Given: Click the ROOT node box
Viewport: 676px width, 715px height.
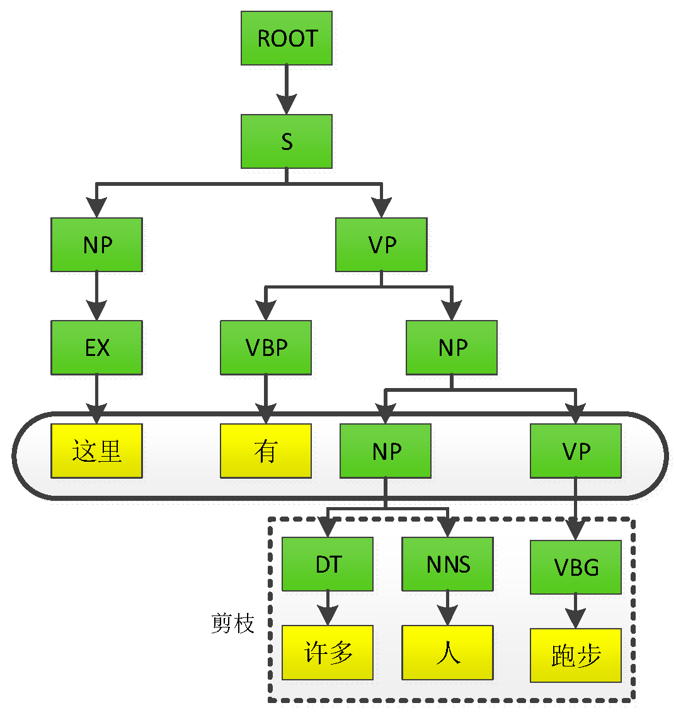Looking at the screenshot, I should tap(287, 38).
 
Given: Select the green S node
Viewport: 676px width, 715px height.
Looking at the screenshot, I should tap(287, 141).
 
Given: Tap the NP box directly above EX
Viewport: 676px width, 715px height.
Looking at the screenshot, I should tap(96, 244).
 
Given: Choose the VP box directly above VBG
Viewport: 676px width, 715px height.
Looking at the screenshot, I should tap(576, 450).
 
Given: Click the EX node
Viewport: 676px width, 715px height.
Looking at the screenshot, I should tap(96, 347).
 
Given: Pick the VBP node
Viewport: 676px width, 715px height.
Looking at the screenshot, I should tap(266, 347).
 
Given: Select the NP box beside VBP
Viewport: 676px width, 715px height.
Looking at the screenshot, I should tap(452, 347).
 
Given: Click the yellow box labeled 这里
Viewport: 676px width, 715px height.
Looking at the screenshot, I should tap(96, 450).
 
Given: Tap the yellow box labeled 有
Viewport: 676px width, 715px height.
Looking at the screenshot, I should tap(266, 450).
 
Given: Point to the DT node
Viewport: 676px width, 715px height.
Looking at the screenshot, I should tap(328, 564).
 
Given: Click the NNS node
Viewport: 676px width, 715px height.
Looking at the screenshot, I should tap(448, 564).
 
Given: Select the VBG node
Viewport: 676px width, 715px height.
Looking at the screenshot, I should tap(576, 567).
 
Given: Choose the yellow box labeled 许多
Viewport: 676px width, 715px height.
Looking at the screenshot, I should tap(328, 653).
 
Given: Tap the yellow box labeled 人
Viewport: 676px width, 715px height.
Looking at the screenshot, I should tap(448, 653).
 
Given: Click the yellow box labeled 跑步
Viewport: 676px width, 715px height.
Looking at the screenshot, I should tap(576, 655).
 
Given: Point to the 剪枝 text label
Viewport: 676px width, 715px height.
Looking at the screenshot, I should tap(232, 623).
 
